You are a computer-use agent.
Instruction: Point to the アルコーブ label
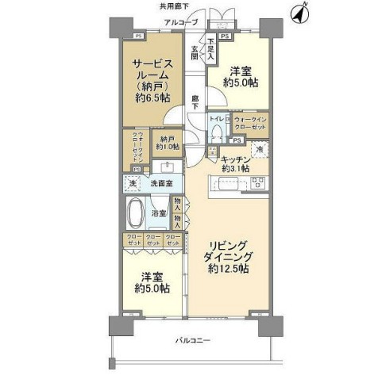click(x=180, y=22)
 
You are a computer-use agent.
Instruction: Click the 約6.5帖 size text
click(x=152, y=98)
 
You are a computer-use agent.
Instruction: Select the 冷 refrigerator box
click(x=259, y=149)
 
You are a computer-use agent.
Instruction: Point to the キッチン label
click(x=237, y=159)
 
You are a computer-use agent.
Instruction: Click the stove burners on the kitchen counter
click(x=258, y=183)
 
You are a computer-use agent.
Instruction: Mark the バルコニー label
click(x=193, y=340)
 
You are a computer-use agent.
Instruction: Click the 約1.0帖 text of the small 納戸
click(x=167, y=146)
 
